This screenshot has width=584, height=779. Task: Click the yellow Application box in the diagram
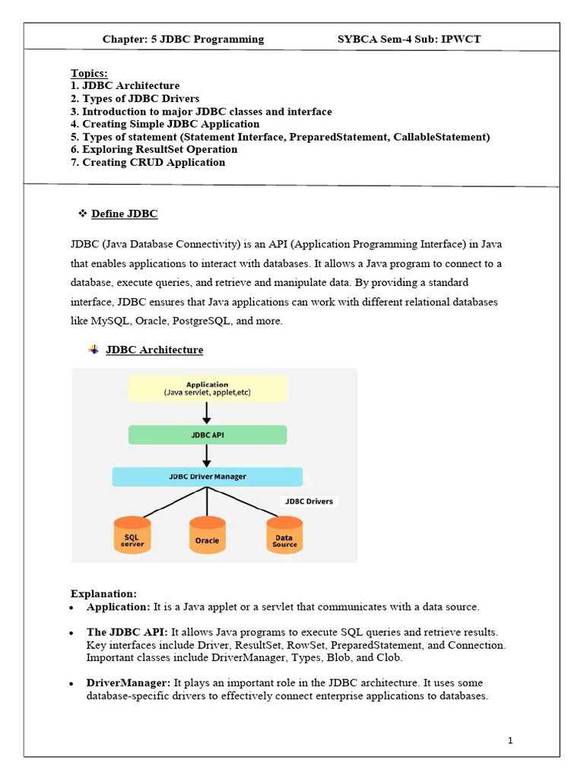(x=207, y=387)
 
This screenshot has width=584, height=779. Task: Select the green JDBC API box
(x=207, y=435)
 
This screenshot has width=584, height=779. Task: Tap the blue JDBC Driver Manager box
(x=207, y=477)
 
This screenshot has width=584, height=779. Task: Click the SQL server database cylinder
(x=132, y=536)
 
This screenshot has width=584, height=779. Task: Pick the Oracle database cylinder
(x=207, y=536)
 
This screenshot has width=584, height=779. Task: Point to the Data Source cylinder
(x=284, y=536)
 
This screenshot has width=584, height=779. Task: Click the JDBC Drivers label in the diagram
(x=308, y=501)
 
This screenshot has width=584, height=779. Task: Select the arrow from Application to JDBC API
(x=207, y=413)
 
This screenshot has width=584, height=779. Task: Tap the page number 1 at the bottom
(x=511, y=740)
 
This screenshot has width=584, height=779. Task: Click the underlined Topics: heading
(x=89, y=73)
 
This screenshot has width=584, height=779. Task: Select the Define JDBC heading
(x=124, y=214)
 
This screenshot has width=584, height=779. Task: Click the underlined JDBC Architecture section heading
(x=154, y=350)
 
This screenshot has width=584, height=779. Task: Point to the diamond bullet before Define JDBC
(x=83, y=214)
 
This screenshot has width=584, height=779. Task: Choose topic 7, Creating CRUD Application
(x=148, y=162)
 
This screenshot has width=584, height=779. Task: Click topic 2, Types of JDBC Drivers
(x=135, y=99)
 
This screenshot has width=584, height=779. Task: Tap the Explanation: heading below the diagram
(x=103, y=593)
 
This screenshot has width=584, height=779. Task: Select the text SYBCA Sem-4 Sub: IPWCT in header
(x=409, y=39)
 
